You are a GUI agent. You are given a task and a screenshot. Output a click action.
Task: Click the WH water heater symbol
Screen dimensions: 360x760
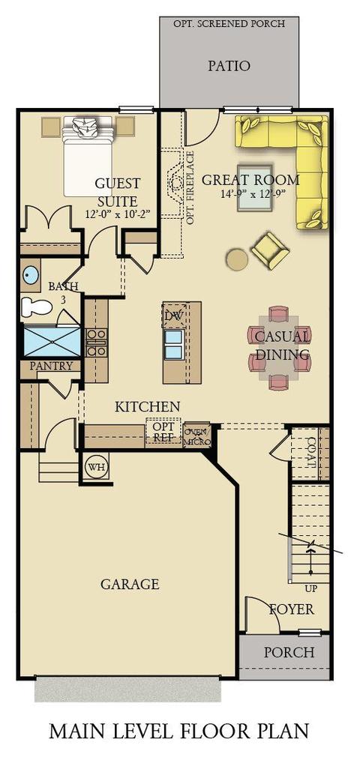click(x=95, y=467)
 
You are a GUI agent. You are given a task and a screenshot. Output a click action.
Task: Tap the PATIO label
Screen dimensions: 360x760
click(x=229, y=66)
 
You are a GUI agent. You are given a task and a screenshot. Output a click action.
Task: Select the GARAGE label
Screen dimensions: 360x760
click(x=130, y=584)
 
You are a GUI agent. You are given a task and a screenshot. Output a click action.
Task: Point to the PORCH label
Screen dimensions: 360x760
click(x=289, y=652)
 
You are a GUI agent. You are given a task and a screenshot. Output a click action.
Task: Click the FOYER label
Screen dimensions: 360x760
click(x=292, y=609)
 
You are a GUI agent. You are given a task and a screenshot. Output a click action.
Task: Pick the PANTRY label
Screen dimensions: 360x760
click(x=52, y=366)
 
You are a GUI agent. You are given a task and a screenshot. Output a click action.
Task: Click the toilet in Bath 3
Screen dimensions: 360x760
click(x=37, y=307)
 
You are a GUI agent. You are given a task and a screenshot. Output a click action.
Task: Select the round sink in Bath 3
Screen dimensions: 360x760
click(x=31, y=275)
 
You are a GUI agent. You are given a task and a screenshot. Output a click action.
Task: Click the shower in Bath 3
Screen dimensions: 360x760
click(x=52, y=342)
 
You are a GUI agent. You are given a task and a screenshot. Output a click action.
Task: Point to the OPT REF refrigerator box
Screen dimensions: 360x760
click(x=163, y=432)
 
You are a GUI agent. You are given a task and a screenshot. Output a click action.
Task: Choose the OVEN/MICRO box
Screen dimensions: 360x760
click(x=197, y=435)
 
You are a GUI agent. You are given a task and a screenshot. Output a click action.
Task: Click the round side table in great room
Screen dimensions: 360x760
click(x=238, y=259)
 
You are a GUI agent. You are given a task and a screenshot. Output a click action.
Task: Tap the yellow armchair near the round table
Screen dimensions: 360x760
click(x=270, y=250)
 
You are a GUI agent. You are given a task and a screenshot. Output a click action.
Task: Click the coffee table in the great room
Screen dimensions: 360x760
click(x=255, y=187)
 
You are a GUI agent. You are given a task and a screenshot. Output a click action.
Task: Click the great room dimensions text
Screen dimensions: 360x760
click(x=250, y=194)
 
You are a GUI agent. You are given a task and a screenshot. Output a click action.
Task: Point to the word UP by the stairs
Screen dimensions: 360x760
click(x=310, y=589)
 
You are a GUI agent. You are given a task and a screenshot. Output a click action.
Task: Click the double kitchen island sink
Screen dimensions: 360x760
click(x=174, y=345)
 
